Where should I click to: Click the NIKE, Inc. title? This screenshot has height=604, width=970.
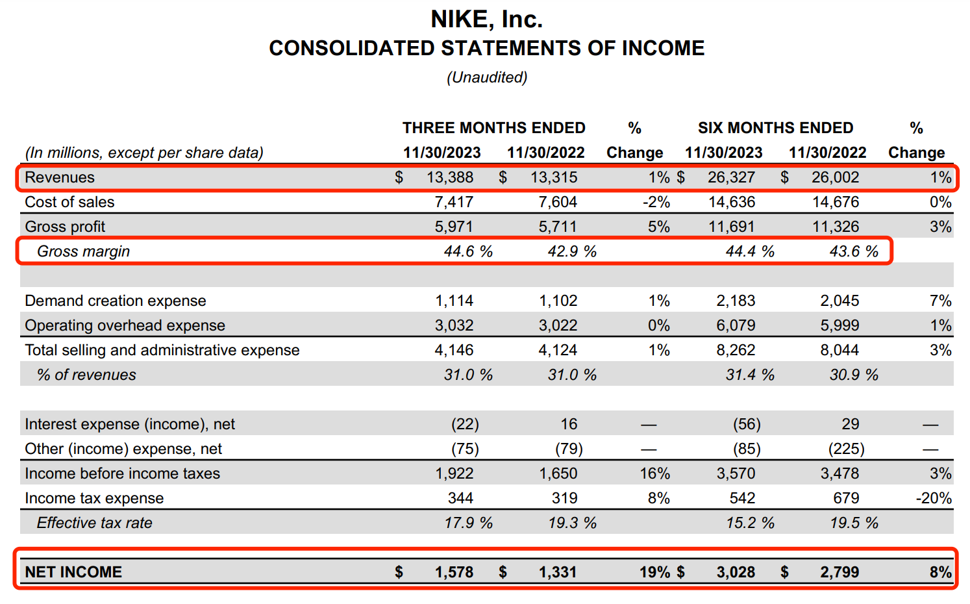pyautogui.click(x=486, y=19)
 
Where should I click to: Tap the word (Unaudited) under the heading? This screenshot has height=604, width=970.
pyautogui.click(x=486, y=77)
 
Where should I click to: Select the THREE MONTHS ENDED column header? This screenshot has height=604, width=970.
pyautogui.click(x=493, y=128)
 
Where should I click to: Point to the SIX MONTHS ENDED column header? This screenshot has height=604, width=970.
pyautogui.click(x=775, y=128)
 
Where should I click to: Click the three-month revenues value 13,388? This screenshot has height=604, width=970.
pyautogui.click(x=450, y=177)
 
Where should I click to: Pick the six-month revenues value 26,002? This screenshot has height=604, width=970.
pyautogui.click(x=835, y=177)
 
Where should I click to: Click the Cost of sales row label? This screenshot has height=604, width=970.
pyautogui.click(x=69, y=202)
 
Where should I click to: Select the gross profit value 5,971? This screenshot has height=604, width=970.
pyautogui.click(x=454, y=227)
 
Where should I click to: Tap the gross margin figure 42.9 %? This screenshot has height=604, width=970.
pyautogui.click(x=571, y=251)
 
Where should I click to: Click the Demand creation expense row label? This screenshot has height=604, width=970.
pyautogui.click(x=115, y=301)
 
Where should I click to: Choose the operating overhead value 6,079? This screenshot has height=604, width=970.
pyautogui.click(x=736, y=325)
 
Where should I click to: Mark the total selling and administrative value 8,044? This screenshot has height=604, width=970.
pyautogui.click(x=839, y=350)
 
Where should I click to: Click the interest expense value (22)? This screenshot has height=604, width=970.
pyautogui.click(x=465, y=424)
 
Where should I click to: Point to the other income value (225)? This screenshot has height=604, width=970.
pyautogui.click(x=847, y=449)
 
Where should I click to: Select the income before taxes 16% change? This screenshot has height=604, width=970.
pyautogui.click(x=654, y=473)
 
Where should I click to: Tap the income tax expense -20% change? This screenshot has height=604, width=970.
pyautogui.click(x=934, y=498)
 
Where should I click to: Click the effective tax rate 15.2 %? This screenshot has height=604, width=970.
pyautogui.click(x=750, y=523)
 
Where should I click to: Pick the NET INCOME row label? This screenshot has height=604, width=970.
pyautogui.click(x=73, y=572)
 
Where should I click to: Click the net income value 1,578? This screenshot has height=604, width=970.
pyautogui.click(x=454, y=572)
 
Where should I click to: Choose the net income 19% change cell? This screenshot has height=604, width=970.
pyautogui.click(x=654, y=572)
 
